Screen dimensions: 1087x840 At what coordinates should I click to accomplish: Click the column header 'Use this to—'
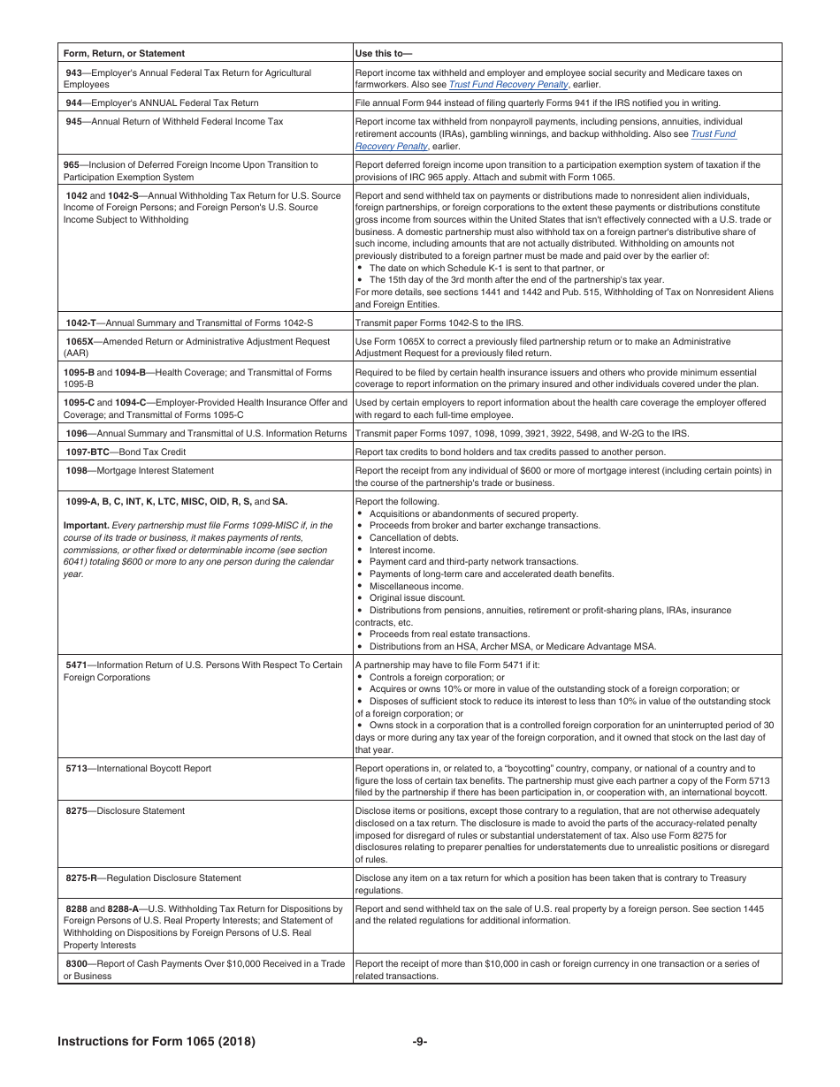click(384, 53)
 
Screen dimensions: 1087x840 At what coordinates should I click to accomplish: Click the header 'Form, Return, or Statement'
click(124, 53)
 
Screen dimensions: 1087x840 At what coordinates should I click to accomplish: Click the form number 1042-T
click(80, 323)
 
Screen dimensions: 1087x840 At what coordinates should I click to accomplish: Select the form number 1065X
click(80, 341)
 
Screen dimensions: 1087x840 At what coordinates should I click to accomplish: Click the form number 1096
click(77, 433)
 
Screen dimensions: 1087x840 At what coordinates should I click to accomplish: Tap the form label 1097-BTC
click(87, 452)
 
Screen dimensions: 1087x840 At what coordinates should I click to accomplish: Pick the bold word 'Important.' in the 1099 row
click(86, 525)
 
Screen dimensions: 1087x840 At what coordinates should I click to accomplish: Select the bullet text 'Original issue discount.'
click(416, 597)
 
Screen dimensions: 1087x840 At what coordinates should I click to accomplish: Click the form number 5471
click(76, 665)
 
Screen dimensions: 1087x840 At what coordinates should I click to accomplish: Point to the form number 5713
click(76, 769)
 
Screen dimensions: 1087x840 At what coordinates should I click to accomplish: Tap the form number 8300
click(76, 964)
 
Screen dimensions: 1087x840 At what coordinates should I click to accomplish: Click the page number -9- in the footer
click(420, 1042)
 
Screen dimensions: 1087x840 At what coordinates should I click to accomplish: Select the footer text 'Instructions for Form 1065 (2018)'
click(157, 1042)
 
